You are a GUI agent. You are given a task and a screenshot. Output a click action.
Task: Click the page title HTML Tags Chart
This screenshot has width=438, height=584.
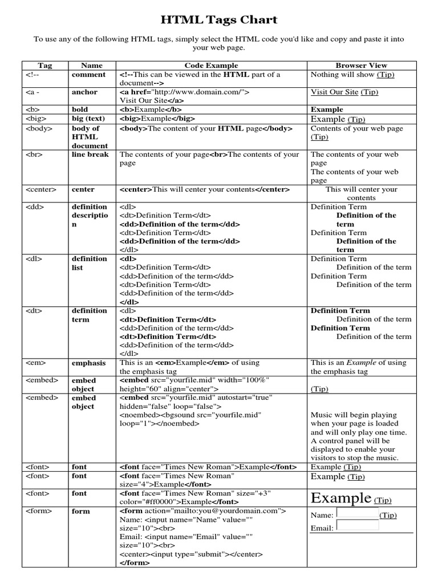tap(219, 21)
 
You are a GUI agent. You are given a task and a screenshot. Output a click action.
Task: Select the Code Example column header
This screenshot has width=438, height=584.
tap(211, 66)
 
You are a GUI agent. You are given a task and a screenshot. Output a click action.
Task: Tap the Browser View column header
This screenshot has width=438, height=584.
tap(361, 66)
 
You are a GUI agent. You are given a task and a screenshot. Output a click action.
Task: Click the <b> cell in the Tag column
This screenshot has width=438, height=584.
tap(31, 109)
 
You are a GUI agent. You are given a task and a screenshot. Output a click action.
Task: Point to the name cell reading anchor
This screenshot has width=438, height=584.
tap(84, 92)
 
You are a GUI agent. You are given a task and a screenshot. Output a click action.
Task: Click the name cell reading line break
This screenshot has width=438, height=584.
tap(90, 155)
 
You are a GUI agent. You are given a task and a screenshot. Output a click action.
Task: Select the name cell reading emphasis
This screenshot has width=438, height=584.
tap(88, 363)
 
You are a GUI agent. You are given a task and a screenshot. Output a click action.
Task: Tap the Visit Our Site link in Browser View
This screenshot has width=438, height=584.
tap(335, 92)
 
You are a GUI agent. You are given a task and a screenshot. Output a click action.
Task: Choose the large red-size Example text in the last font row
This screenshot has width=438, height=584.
tap(341, 498)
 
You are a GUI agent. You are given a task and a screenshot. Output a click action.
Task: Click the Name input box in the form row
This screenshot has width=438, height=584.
tap(358, 513)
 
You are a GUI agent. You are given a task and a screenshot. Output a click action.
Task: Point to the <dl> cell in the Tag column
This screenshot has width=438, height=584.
tap(34, 259)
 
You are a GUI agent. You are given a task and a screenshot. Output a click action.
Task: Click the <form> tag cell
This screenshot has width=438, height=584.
tap(36, 512)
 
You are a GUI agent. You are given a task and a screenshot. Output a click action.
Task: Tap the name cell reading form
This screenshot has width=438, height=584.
tap(80, 512)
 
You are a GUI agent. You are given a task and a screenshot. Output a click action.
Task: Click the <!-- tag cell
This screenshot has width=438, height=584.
tap(31, 75)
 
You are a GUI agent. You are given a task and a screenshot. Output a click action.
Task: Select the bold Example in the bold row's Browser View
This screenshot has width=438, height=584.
tap(327, 109)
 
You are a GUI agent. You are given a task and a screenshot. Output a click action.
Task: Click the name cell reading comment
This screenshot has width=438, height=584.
tap(88, 75)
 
